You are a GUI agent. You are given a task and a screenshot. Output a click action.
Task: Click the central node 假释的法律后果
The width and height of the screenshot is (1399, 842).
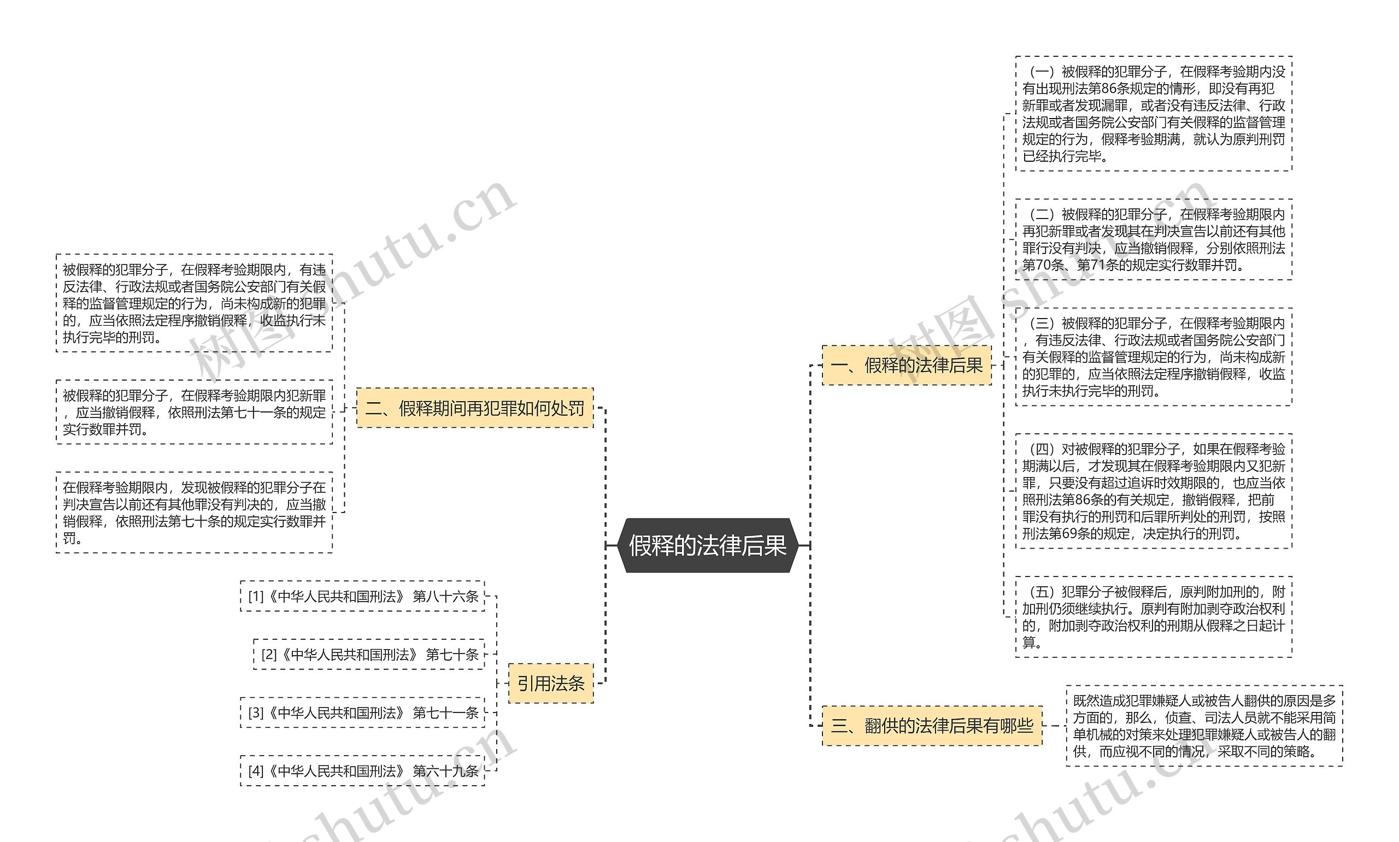[x=708, y=545]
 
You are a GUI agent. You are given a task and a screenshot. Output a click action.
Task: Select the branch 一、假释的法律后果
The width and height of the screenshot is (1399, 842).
[x=906, y=366]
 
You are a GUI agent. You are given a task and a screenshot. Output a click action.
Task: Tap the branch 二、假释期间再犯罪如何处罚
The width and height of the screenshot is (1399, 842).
[x=474, y=408]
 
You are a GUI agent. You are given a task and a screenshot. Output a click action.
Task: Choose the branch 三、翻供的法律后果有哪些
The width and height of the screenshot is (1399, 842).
[x=932, y=726]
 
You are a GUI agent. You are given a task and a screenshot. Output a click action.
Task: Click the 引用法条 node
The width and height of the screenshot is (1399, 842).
[x=550, y=683]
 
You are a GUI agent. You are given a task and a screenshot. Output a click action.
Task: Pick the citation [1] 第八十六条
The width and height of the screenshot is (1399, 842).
[x=362, y=596]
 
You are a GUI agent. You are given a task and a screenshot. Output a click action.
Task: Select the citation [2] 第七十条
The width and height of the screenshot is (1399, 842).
[x=369, y=655]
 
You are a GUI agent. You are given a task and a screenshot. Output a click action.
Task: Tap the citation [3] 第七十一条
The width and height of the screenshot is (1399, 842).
[x=362, y=713]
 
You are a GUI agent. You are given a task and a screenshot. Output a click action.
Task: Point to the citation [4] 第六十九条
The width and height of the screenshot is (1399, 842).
[x=362, y=771]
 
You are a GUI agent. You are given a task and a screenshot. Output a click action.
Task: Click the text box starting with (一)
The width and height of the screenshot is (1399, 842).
[x=1153, y=114]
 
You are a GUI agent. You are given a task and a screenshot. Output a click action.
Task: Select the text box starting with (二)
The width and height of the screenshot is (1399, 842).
[x=1153, y=239]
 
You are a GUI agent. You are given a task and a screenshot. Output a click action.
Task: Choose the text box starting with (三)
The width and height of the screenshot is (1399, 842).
[x=1153, y=357]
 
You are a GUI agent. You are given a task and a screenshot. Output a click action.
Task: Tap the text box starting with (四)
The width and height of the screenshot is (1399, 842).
[x=1153, y=491]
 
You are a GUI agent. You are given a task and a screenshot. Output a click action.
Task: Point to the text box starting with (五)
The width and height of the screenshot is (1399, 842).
[x=1153, y=617]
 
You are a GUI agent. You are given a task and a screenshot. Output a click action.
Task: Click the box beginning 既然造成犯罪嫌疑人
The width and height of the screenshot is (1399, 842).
[x=1204, y=726]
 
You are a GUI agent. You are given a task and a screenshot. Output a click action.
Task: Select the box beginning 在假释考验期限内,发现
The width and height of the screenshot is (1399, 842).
[x=194, y=513]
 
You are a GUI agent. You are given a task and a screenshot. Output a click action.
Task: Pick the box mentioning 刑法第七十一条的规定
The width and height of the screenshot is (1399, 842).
[x=194, y=412]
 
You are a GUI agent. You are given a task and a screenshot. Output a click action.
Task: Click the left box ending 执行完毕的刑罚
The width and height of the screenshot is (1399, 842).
[x=194, y=303]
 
